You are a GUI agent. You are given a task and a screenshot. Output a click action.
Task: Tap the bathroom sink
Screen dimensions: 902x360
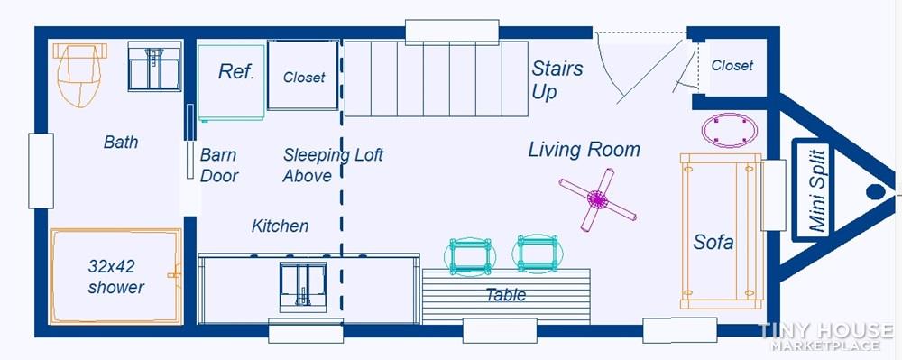pyautogui.click(x=154, y=66)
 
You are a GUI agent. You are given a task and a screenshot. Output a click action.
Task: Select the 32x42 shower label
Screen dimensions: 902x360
pyautogui.click(x=115, y=277)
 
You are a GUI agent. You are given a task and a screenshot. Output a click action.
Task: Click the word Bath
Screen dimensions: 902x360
pyautogui.click(x=121, y=142)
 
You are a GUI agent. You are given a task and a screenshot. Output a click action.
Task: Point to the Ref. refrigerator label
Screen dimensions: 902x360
pyautogui.click(x=235, y=72)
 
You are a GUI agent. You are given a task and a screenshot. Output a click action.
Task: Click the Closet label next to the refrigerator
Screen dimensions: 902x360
pyautogui.click(x=304, y=77)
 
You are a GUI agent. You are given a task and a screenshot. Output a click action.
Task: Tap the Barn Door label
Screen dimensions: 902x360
pyautogui.click(x=218, y=165)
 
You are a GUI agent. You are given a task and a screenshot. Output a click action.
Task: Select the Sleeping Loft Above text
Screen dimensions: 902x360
pyautogui.click(x=333, y=165)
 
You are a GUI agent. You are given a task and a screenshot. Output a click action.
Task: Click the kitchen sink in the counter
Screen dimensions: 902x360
pyautogui.click(x=302, y=286)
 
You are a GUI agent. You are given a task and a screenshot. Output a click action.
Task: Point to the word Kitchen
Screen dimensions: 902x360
pyautogui.click(x=281, y=226)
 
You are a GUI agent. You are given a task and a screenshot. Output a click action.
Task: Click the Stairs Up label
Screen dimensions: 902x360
pyautogui.click(x=557, y=80)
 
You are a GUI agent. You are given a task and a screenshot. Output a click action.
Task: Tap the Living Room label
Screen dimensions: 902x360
pyautogui.click(x=584, y=150)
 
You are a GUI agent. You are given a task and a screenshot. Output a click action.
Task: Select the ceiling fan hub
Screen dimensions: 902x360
pyautogui.click(x=598, y=199)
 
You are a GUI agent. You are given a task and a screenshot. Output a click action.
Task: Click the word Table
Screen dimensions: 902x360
pyautogui.click(x=506, y=295)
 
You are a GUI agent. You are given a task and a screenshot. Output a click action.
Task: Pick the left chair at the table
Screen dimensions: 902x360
pyautogui.click(x=471, y=256)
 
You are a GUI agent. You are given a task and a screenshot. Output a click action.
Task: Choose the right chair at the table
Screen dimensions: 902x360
pyautogui.click(x=538, y=253)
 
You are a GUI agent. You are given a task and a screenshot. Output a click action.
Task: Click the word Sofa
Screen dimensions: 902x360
pyautogui.click(x=713, y=242)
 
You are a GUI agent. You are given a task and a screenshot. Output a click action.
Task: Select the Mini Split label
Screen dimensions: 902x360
pyautogui.click(x=817, y=189)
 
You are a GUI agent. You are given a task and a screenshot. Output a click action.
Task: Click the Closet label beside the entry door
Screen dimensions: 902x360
pyautogui.click(x=732, y=66)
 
